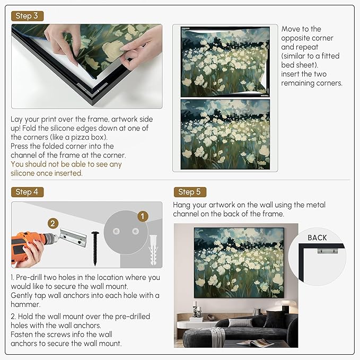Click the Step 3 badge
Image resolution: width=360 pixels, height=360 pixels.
pyautogui.click(x=27, y=16)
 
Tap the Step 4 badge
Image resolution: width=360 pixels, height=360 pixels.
pyautogui.click(x=27, y=192)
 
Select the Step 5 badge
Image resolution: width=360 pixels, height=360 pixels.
pyautogui.click(x=189, y=192)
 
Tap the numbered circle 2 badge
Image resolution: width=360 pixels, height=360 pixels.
pyautogui.click(x=52, y=223)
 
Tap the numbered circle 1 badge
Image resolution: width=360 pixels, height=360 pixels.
pyautogui.click(x=142, y=216)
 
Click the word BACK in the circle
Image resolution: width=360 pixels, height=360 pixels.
pyautogui.click(x=317, y=238)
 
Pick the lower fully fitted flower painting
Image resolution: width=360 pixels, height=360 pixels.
pyautogui.click(x=225, y=134)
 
